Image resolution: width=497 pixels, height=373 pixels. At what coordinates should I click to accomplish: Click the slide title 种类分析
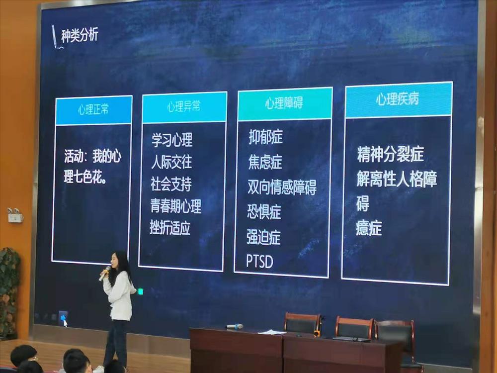pos(80,36)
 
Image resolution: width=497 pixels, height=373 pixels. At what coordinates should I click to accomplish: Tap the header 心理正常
pos(93,110)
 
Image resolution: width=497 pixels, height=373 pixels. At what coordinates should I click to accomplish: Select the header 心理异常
pos(184,107)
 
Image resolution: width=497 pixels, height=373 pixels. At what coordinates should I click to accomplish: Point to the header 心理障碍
pos(284,103)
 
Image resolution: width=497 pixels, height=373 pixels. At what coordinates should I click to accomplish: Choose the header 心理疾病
pos(397,99)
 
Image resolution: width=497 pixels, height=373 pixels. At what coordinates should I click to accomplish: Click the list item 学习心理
pos(172,140)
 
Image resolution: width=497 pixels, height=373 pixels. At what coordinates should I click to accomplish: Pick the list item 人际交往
pos(171,162)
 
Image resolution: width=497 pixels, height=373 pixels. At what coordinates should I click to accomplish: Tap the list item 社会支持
pos(171,184)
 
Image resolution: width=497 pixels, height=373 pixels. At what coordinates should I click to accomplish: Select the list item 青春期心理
pos(176,205)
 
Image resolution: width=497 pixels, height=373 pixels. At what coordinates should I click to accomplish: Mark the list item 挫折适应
pos(170,228)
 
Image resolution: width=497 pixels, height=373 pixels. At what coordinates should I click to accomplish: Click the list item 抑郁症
pos(265,137)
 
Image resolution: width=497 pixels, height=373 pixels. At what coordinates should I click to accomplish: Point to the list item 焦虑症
pos(265,162)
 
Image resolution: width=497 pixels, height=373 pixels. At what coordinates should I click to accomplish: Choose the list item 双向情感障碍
pos(282,187)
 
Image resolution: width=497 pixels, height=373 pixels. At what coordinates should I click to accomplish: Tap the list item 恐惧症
pos(264,212)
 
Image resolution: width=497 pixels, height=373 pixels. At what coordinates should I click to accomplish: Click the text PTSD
pos(259,261)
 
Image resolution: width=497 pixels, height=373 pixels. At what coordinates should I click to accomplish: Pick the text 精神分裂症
pos(390,154)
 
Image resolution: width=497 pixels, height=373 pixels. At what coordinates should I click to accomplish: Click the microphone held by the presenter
pos(105,274)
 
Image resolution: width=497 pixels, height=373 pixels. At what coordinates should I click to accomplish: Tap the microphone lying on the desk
pos(235,326)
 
